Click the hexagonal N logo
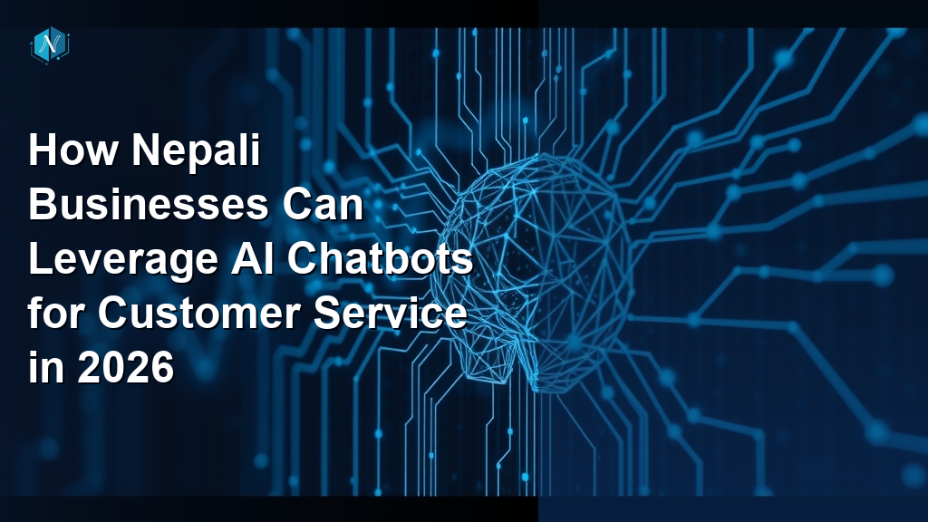50,44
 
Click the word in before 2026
43,369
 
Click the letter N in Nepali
147,151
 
